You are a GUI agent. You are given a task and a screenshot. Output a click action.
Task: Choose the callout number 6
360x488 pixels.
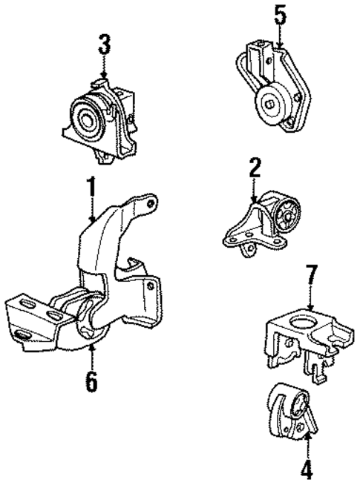coord(91,382)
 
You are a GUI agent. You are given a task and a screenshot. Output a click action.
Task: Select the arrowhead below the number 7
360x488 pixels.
coord(310,307)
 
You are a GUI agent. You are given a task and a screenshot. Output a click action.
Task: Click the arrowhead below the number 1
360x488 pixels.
coord(91,220)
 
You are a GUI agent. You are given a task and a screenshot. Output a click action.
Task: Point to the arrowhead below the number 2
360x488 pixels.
coord(255,200)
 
